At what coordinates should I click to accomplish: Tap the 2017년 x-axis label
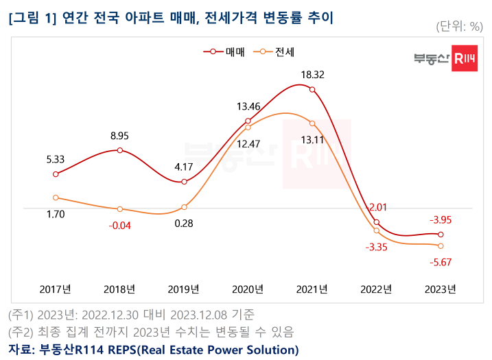[55, 289]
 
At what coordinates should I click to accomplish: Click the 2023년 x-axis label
[440, 289]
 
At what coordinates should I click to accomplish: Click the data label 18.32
[312, 74]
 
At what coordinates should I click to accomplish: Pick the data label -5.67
[440, 261]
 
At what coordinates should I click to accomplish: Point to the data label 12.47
[248, 144]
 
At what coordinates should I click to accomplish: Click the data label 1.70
[56, 214]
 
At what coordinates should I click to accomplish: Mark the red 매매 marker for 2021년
[312, 89]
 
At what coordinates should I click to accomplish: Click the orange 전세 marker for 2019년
[184, 207]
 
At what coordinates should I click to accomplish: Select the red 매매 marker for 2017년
[56, 174]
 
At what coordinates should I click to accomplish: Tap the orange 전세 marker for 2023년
[440, 245]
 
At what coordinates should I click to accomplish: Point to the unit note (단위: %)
[460, 26]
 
